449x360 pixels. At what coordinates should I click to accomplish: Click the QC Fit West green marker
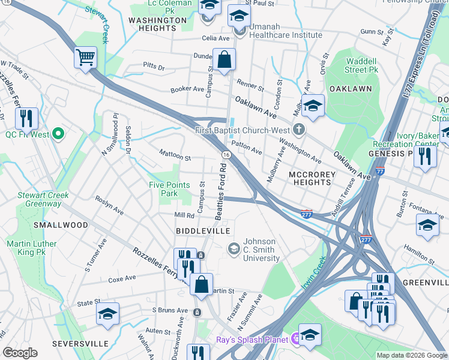tap(58, 134)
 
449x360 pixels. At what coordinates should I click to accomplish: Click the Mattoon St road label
tap(175, 158)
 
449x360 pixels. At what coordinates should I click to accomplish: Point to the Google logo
tap(20, 352)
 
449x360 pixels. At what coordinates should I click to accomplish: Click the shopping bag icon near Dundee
tap(224, 60)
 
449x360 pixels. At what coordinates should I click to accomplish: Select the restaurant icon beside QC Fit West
tap(26, 119)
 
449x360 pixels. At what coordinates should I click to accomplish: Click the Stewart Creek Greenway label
tap(34, 199)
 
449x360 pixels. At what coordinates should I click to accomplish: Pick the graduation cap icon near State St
tap(107, 314)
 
